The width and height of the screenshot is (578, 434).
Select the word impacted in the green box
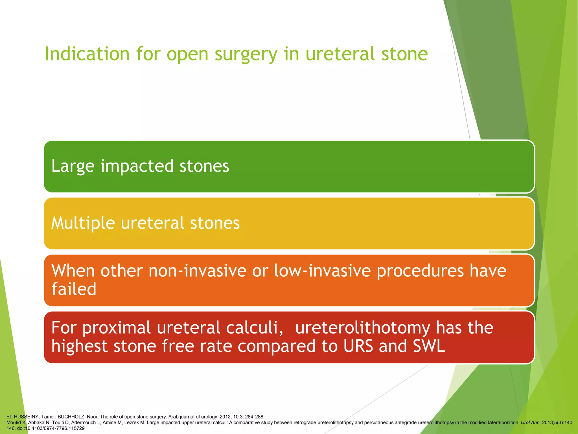tap(137, 166)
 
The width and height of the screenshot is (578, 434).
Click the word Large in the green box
tap(73, 166)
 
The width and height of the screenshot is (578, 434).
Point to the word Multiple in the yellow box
tap(83, 223)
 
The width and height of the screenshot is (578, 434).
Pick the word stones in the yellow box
tap(215, 223)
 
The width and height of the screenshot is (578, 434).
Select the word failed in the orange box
tap(74, 289)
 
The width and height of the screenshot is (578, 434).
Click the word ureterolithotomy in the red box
tap(362, 328)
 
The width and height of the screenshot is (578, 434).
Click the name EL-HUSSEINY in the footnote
tap(22, 417)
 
